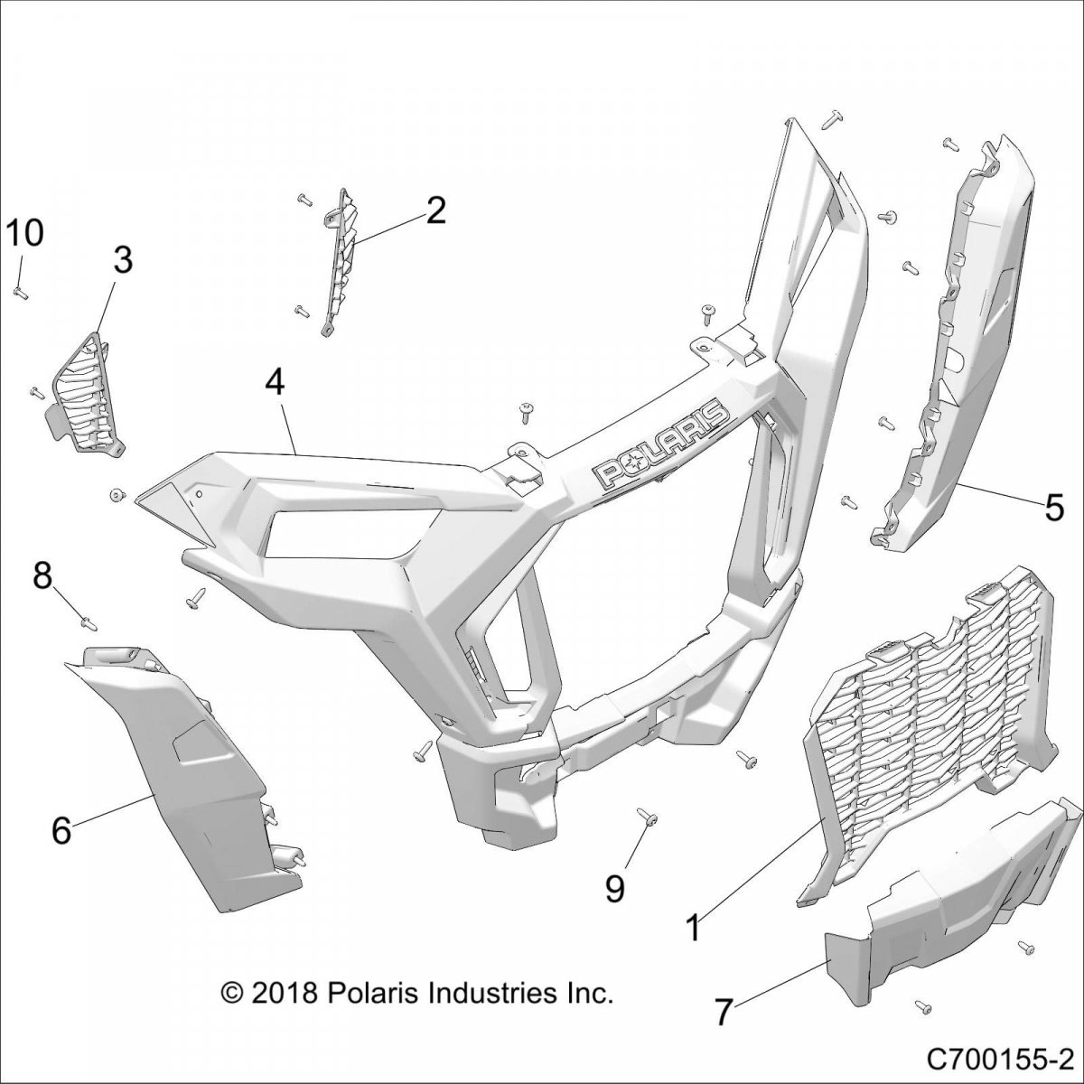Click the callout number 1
pyautogui.click(x=694, y=928)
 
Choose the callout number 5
pyautogui.click(x=1053, y=509)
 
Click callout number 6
pyautogui.click(x=61, y=829)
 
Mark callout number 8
pyautogui.click(x=42, y=575)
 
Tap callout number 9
pyautogui.click(x=614, y=889)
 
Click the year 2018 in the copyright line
pyautogui.click(x=284, y=994)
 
